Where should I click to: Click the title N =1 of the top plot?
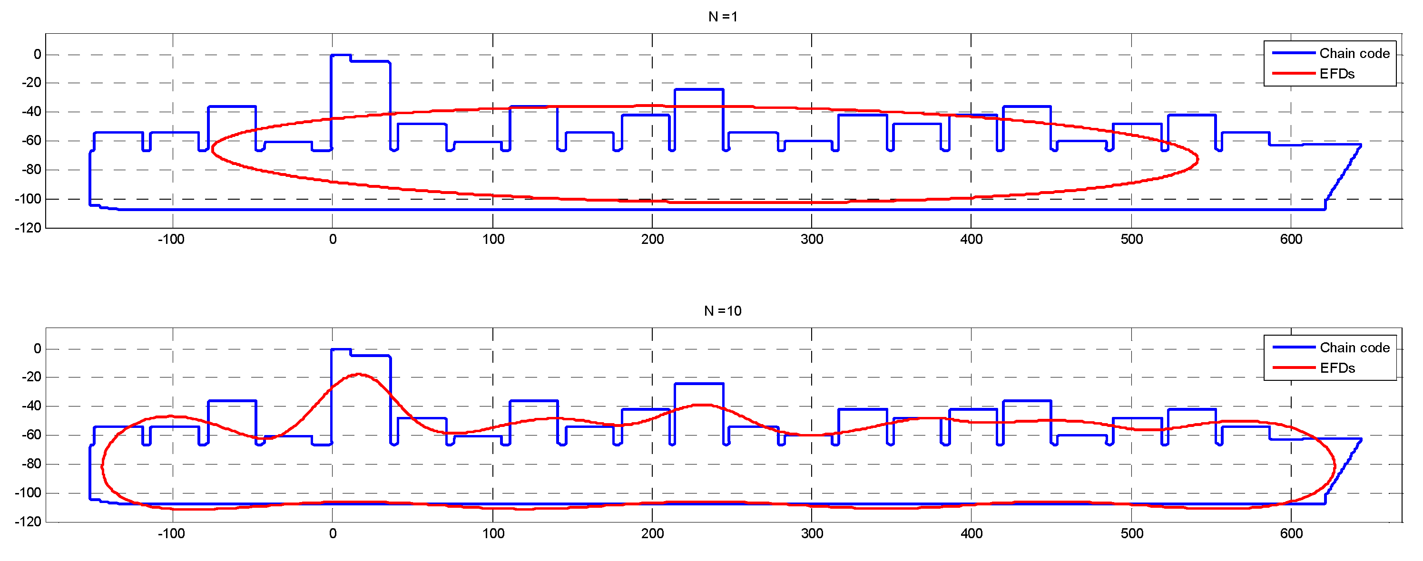pos(722,17)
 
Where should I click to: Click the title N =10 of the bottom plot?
pos(722,311)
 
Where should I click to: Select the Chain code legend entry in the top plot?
pos(1354,54)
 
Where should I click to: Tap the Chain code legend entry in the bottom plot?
pos(1354,348)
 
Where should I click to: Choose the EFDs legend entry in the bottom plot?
pos(1337,368)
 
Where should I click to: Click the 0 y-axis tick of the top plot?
pos(37,55)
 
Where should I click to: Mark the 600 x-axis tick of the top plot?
pos(1291,240)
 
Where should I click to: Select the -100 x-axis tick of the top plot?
pos(171,240)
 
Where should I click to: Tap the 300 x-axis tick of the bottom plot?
pos(812,534)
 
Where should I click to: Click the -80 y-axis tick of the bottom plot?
pos(31,464)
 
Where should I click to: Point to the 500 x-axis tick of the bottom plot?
pos(1131,534)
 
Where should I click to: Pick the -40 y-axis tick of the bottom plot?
pos(31,406)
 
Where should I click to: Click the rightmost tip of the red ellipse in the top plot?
pos(1197,160)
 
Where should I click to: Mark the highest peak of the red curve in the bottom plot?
pos(359,374)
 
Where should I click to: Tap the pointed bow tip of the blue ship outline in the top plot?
pos(1360,145)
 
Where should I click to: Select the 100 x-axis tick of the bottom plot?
pos(493,534)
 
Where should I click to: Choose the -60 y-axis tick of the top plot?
pos(31,141)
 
